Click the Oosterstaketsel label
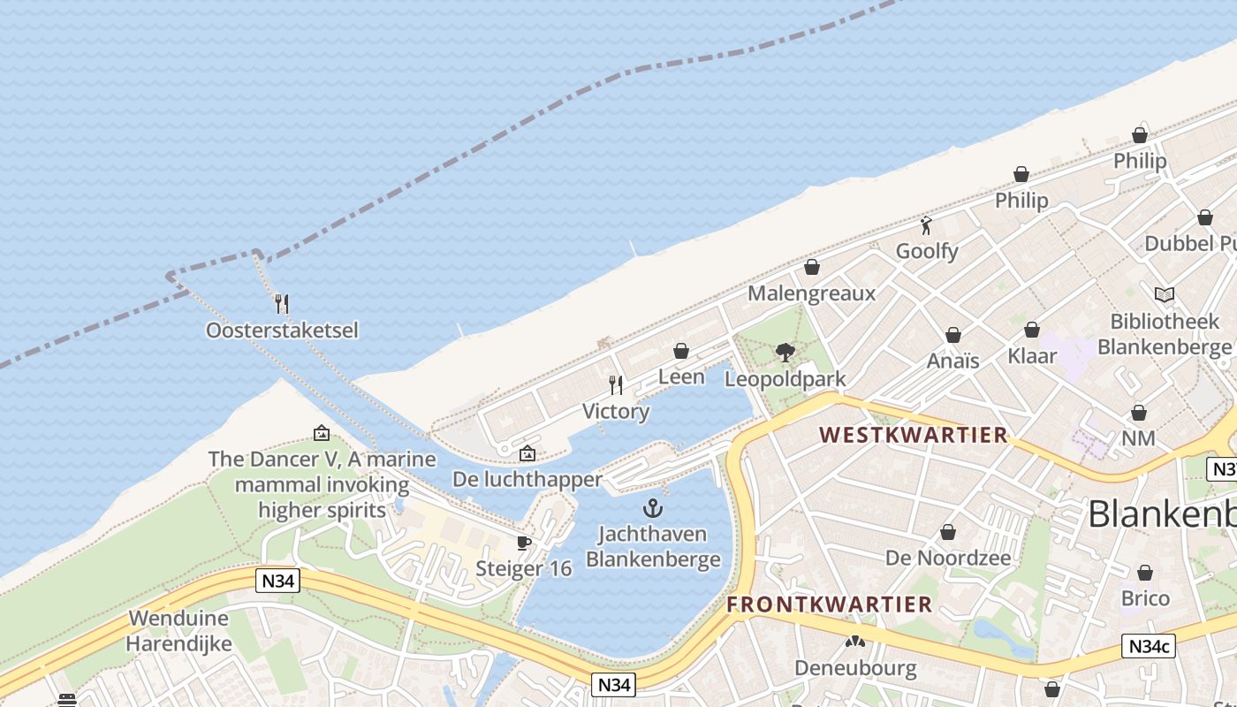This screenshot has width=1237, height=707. (282, 331)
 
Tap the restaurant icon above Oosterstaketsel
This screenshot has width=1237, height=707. (282, 304)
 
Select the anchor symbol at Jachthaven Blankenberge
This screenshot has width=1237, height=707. (652, 508)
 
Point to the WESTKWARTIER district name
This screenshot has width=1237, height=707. (913, 435)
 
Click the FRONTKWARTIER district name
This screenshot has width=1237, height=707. (830, 604)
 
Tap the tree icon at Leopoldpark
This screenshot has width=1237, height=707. (785, 353)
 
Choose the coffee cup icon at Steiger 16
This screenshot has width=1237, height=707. (524, 543)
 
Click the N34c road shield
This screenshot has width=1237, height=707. (1149, 646)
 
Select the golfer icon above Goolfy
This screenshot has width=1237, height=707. (926, 225)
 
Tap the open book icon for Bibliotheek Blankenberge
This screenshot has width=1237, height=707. (1165, 294)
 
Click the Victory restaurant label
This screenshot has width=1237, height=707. (616, 411)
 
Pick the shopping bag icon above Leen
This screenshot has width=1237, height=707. (681, 351)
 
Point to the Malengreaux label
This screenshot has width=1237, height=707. (811, 293)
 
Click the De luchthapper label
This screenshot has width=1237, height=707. (527, 479)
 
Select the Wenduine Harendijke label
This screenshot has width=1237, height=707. (178, 630)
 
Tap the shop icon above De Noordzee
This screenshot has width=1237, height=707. (948, 532)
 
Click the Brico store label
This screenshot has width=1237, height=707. (1145, 598)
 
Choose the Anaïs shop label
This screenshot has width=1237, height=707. (952, 361)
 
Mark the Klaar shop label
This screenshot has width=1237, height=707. (1032, 356)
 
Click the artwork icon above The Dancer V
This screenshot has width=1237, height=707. (322, 433)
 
